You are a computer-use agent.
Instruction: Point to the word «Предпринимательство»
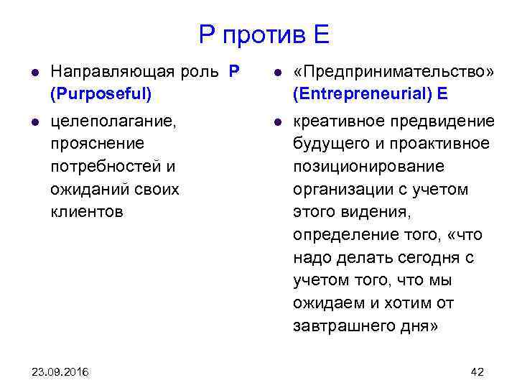coord(393,73)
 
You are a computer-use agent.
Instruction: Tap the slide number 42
coord(477,371)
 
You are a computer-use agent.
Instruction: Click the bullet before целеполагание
coord(34,123)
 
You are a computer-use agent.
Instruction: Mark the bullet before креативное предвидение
coord(276,123)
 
